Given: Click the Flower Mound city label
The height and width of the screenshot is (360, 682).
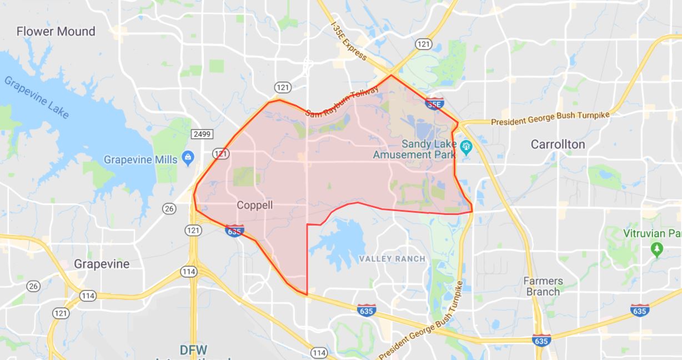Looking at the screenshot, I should (x=56, y=31).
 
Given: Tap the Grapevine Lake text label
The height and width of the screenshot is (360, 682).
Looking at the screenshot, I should (x=37, y=98).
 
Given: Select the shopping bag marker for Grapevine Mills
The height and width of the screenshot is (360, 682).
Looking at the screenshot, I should (x=188, y=158).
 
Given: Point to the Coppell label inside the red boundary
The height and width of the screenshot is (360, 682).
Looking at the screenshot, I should (x=255, y=205).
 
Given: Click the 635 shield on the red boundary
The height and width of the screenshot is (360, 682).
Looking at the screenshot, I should (x=234, y=231).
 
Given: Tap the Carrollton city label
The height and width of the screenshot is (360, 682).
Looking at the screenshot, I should (x=558, y=144).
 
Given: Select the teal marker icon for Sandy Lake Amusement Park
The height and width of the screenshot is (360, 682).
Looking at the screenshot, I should (x=467, y=147).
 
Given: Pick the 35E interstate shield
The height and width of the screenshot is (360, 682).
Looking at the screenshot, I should (x=434, y=103).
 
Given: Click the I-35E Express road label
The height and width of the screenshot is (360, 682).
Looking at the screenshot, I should (x=349, y=41).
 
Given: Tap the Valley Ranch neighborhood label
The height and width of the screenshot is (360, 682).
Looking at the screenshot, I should (x=392, y=259).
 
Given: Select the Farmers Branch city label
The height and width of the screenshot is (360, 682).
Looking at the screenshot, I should (x=543, y=286).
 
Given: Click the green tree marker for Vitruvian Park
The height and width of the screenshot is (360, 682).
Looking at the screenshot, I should (x=656, y=247).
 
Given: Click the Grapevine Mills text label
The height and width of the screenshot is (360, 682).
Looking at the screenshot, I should (x=141, y=160).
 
